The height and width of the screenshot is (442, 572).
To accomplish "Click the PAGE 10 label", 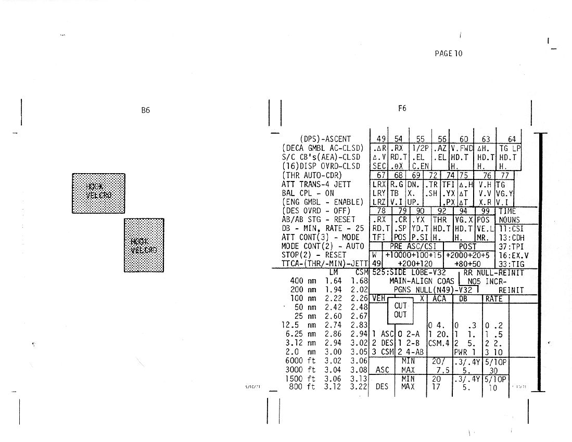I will tap(448, 53).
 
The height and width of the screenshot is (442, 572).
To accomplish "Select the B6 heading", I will tap(146, 110).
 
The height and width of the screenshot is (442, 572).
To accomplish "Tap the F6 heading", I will tap(402, 108).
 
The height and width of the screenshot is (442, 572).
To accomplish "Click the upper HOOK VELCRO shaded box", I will tap(98, 193).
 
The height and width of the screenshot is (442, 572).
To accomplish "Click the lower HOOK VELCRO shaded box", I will tap(144, 244).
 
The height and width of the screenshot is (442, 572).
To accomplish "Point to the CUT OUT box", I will tap(400, 310).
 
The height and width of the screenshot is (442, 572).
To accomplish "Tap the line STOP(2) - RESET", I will tap(313, 255).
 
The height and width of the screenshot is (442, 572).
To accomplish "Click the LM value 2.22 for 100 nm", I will tap(334, 298).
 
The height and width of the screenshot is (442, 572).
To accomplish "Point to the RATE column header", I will tap(494, 298).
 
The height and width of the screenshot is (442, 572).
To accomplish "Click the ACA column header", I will tap(440, 298).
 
